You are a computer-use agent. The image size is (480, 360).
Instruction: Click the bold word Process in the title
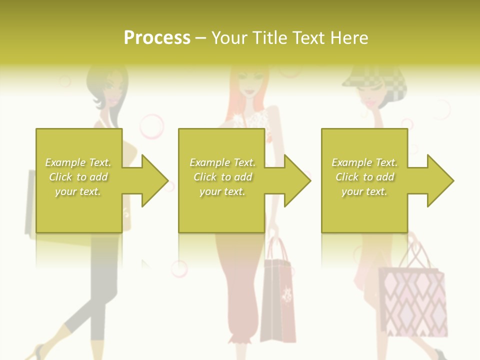pos(157,38)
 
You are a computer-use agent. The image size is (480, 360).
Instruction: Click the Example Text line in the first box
pos(78,162)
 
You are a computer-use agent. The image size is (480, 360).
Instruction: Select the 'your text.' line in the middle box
pos(222,191)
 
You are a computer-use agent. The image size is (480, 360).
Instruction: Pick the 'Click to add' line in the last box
pos(364,177)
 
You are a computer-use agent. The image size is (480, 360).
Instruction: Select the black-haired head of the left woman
pos(107,85)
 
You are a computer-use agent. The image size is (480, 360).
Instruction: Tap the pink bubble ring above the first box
pos(151,126)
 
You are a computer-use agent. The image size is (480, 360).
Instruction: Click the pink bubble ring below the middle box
pos(179,268)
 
